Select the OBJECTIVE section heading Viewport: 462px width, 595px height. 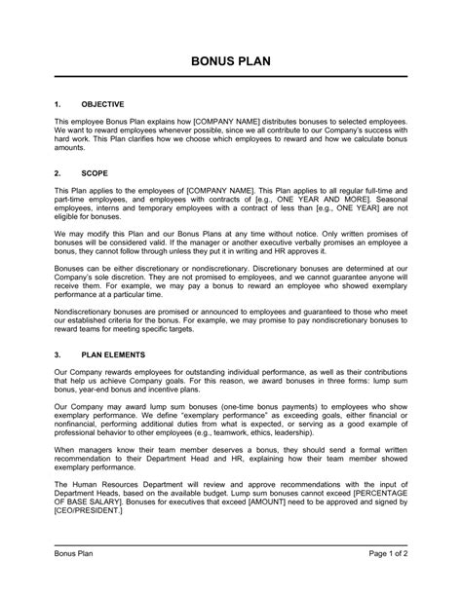[x=102, y=102]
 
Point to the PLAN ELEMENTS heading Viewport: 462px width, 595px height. [x=113, y=355]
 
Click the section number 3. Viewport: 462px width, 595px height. [x=58, y=355]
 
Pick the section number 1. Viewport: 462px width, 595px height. [x=58, y=102]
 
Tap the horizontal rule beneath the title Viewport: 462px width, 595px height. [x=231, y=78]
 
